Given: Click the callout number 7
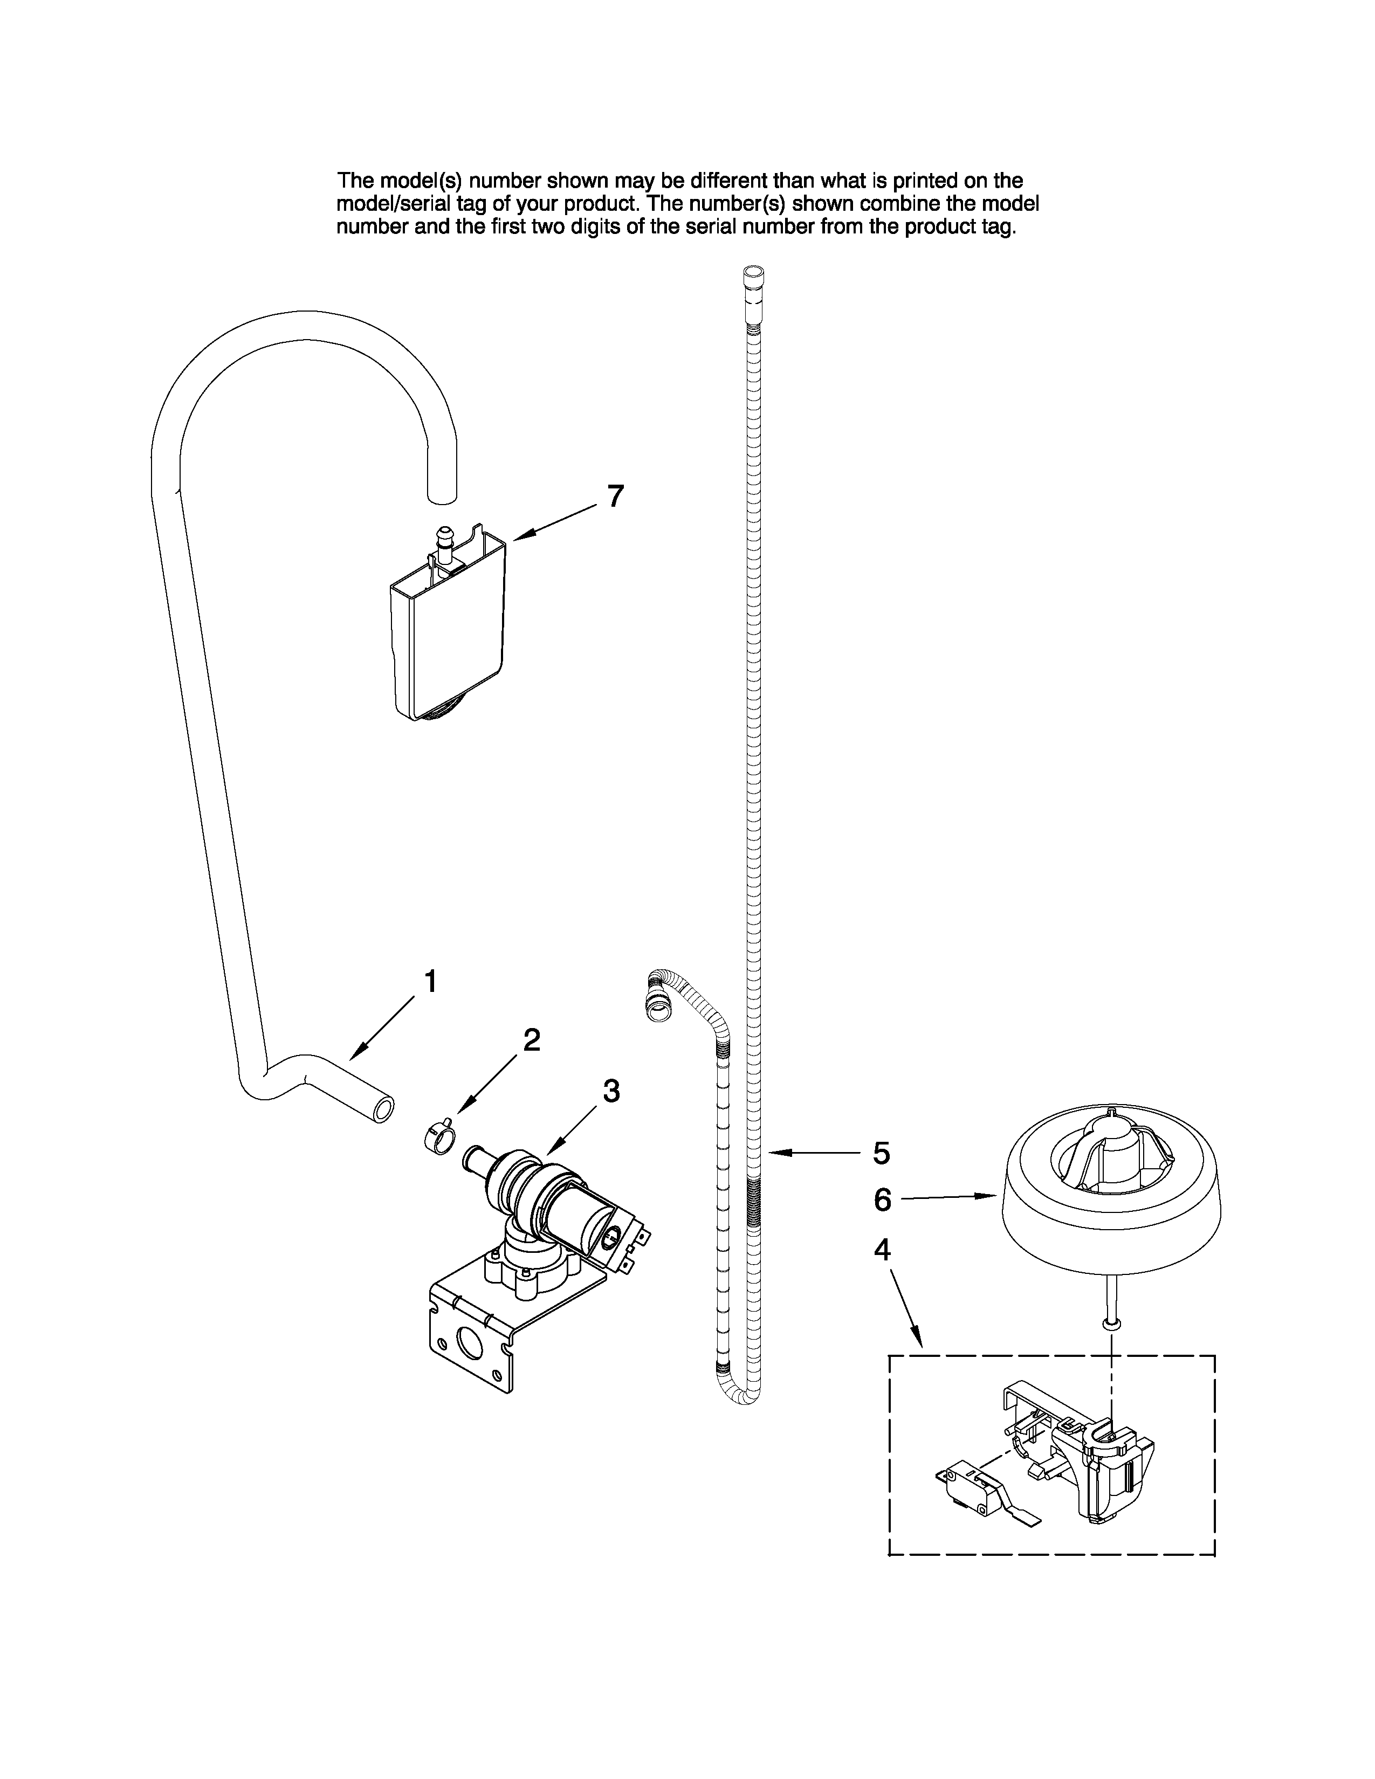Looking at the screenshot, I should (x=616, y=496).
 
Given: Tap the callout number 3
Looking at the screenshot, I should (x=611, y=1091).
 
